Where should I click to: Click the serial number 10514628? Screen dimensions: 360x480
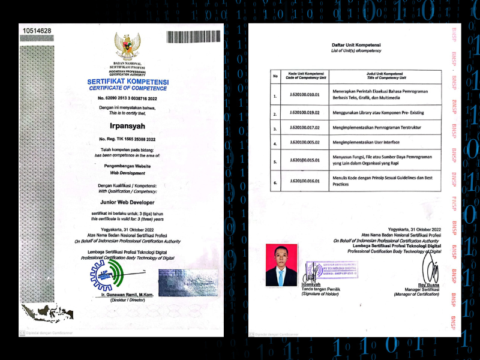pos(37,31)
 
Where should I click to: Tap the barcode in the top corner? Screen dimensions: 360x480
pos(194,36)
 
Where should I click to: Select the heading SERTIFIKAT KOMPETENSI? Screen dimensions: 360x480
pos(127,82)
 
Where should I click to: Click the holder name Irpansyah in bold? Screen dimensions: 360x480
pos(127,127)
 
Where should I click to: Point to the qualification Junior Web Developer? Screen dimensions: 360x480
pos(127,203)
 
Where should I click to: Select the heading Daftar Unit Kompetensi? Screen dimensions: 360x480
pos(356,45)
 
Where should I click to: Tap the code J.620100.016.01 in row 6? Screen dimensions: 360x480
pos(305,181)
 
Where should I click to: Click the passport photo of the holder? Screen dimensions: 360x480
pos(281,265)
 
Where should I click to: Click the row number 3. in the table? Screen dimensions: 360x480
pos(275,129)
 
